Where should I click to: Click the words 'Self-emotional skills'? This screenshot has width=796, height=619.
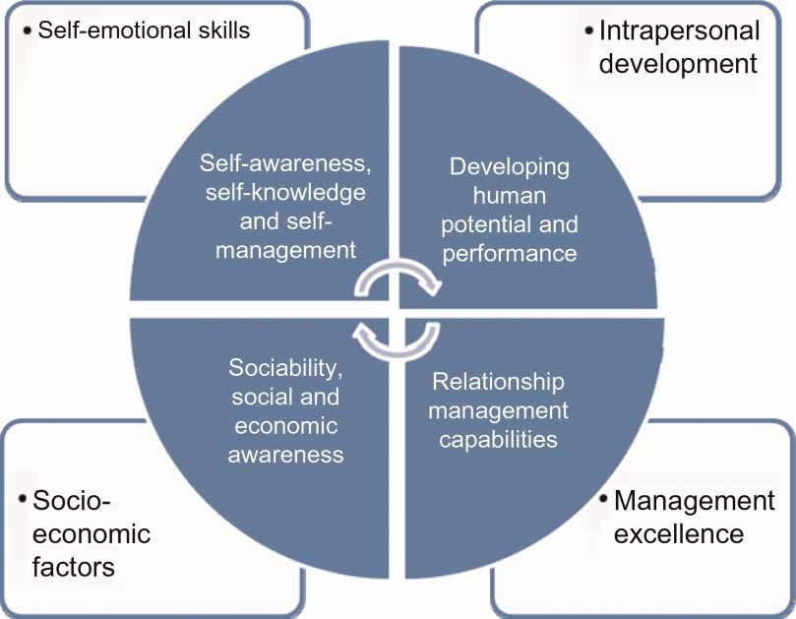(144, 30)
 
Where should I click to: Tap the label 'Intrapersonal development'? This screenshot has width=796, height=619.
(679, 47)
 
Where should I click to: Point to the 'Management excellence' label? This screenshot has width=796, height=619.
(694, 518)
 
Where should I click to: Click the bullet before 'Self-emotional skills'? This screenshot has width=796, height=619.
(26, 31)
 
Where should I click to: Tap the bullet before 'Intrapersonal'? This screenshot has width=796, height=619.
(588, 31)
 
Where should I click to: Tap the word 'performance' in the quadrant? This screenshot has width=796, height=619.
(509, 253)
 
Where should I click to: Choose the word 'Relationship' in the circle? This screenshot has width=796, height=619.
(499, 381)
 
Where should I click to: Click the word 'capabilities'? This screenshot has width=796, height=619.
(498, 439)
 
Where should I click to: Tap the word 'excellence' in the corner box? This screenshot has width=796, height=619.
(678, 534)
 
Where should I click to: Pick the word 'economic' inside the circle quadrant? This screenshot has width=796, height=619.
(285, 426)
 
